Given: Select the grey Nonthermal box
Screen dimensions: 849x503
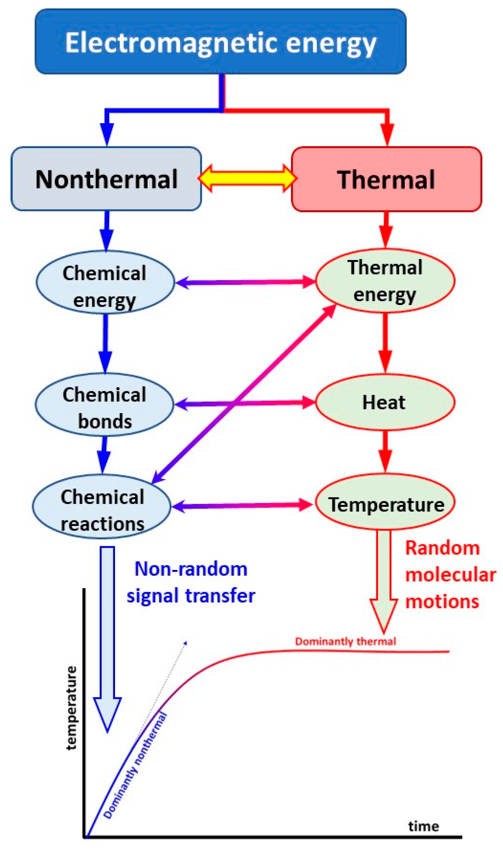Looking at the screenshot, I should click(x=106, y=179).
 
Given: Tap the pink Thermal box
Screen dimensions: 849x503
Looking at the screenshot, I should click(x=386, y=179).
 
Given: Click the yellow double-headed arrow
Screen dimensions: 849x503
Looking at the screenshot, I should click(x=247, y=178).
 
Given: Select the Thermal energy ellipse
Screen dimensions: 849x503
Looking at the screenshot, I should click(x=385, y=280).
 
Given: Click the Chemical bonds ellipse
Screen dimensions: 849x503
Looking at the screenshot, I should click(x=104, y=404).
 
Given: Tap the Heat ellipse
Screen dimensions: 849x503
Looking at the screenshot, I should click(x=385, y=402).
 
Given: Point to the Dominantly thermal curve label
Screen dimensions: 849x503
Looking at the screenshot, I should click(x=345, y=642).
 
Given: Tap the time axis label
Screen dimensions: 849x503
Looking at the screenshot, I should click(x=423, y=826).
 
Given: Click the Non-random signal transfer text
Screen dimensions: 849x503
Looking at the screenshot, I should click(x=191, y=582).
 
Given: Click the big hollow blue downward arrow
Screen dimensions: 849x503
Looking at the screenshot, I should click(x=107, y=632).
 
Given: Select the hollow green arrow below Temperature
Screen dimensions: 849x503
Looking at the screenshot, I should click(x=384, y=579).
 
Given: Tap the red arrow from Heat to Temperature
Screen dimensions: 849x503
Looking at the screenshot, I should click(x=385, y=451).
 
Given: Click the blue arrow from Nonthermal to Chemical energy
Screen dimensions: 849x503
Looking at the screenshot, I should click(x=106, y=230).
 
